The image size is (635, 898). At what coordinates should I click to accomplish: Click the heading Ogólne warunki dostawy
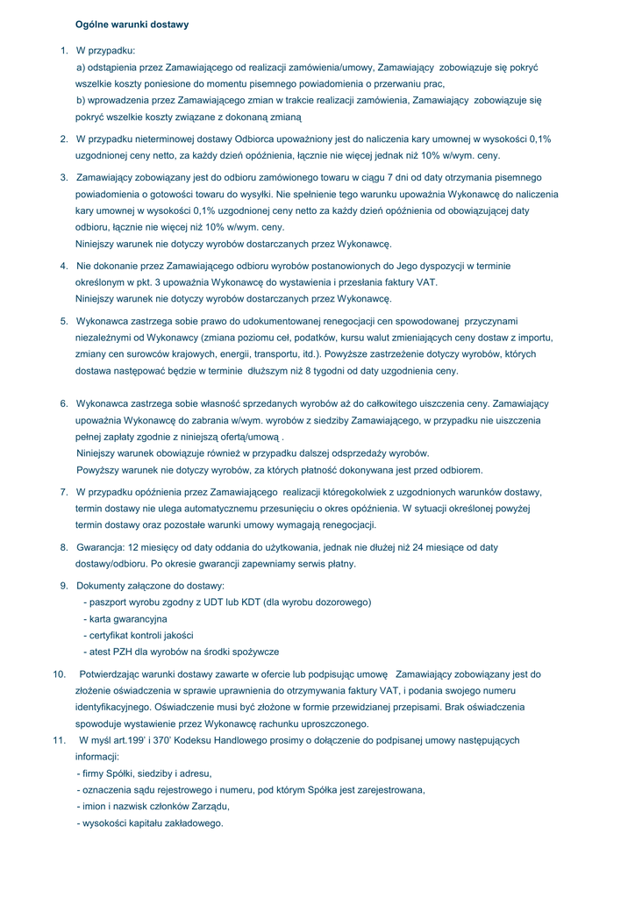(x=132, y=25)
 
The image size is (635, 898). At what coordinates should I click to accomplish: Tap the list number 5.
(x=64, y=321)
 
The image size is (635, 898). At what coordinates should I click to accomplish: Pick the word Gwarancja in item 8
(x=100, y=547)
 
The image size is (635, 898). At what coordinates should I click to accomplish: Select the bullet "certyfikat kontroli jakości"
(x=139, y=635)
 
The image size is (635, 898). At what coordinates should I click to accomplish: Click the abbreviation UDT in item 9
(x=206, y=602)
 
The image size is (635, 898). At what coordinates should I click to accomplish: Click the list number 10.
(x=60, y=674)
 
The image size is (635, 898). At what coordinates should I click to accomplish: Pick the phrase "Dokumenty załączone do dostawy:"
(x=150, y=586)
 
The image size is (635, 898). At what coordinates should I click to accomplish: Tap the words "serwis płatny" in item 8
(x=327, y=564)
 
